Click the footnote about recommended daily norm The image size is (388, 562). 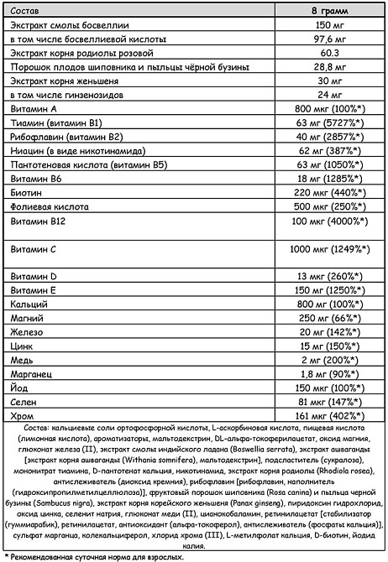(x=92, y=556)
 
